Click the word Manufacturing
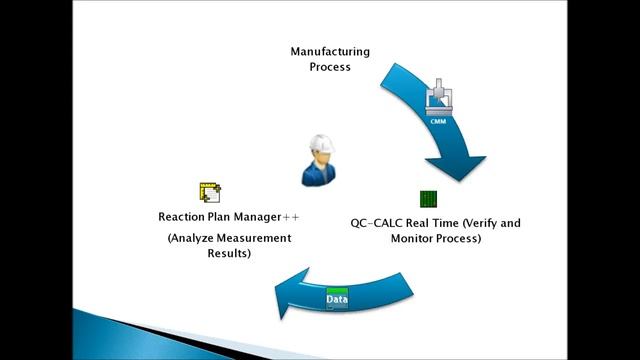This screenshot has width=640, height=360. click(329, 51)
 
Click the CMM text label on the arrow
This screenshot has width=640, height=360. click(437, 121)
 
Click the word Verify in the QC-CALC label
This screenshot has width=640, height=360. click(482, 222)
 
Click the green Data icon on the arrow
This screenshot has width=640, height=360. click(337, 300)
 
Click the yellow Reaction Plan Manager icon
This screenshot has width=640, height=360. click(210, 192)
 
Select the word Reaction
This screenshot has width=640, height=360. click(184, 216)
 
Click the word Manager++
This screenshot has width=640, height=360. click(272, 216)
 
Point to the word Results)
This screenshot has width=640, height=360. click(231, 254)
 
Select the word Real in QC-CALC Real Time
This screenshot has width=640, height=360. click(420, 222)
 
